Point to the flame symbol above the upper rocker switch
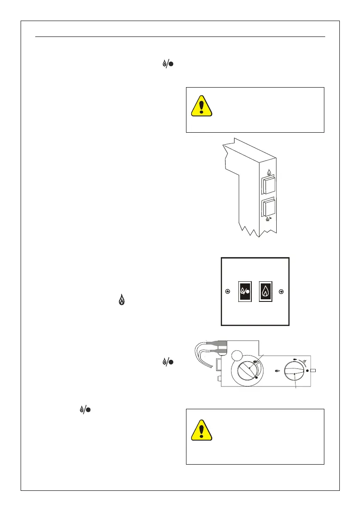pyautogui.click(x=269, y=173)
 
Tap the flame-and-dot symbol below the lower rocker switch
pyautogui.click(x=268, y=219)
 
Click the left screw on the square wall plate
pyautogui.click(x=228, y=292)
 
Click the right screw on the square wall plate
pyautogui.click(x=281, y=292)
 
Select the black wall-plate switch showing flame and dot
pyautogui.click(x=245, y=292)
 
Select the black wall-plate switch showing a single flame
pyautogui.click(x=266, y=292)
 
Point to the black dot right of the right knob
pyautogui.click(x=307, y=370)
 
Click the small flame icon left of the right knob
pyautogui.click(x=277, y=371)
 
